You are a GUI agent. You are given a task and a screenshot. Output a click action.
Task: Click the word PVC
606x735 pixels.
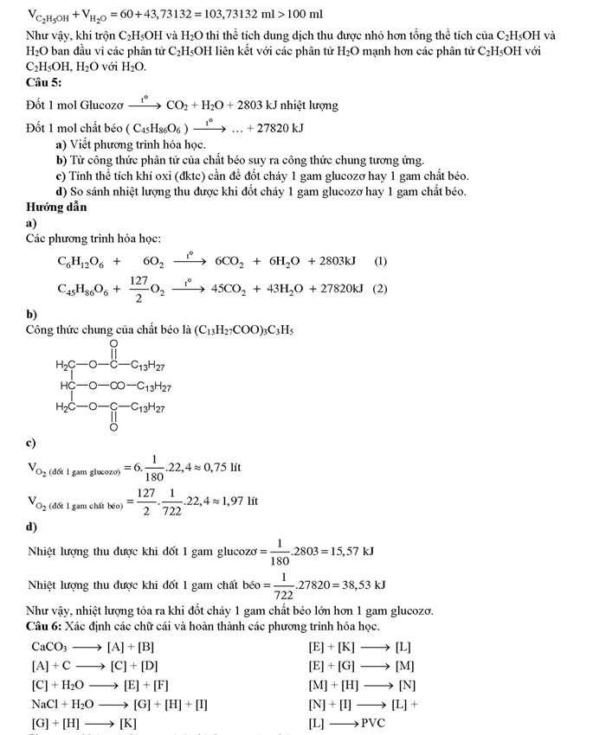373,723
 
